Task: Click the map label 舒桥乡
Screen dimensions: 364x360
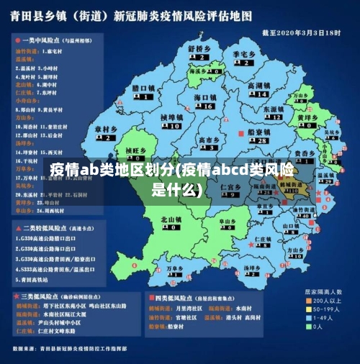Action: pos(199,48)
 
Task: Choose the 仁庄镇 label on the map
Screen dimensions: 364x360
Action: pos(230,186)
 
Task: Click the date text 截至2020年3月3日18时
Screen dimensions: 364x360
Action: pos(302,32)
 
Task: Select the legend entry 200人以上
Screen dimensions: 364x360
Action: pos(331,300)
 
